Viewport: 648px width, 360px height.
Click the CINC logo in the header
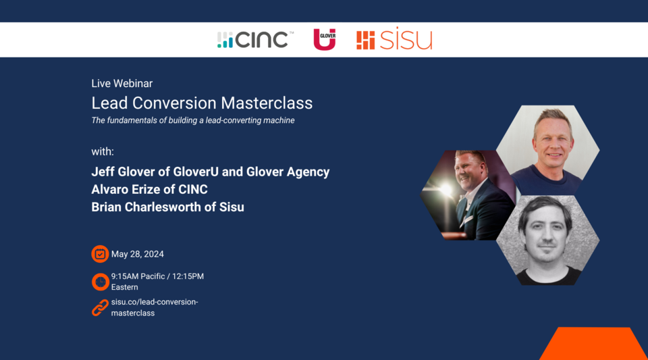(x=255, y=40)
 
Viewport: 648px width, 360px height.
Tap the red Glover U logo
(x=325, y=39)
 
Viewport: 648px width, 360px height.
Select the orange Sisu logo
(x=394, y=40)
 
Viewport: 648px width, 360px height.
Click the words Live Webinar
(x=122, y=84)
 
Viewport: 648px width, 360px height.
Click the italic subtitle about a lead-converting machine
(x=193, y=121)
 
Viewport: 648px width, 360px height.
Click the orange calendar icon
(x=100, y=254)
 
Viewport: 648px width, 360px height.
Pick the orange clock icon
(x=100, y=282)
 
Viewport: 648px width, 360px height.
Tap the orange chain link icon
(x=100, y=308)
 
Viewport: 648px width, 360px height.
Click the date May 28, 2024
(x=138, y=255)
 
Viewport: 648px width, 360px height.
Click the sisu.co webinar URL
(x=155, y=307)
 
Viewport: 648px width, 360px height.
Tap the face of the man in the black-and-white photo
(x=545, y=230)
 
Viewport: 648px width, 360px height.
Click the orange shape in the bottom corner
(x=594, y=344)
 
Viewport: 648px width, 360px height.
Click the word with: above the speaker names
(x=103, y=151)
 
